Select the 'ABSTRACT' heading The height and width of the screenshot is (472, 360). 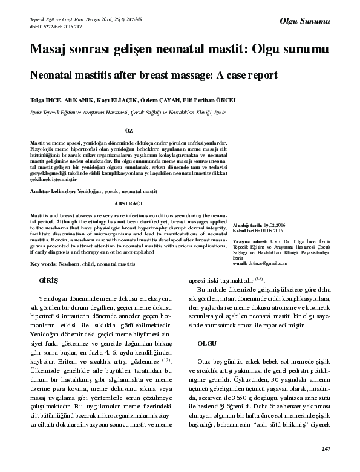pyautogui.click(x=128, y=203)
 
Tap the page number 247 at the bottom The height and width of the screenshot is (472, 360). pyautogui.click(x=326, y=448)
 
